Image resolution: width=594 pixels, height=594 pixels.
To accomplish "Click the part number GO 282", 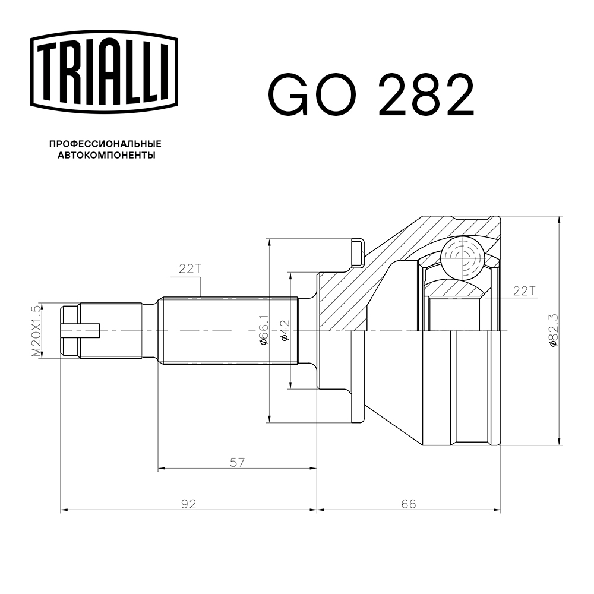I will tap(371, 95).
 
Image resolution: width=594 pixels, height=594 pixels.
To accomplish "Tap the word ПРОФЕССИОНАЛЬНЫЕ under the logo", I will tap(105, 144).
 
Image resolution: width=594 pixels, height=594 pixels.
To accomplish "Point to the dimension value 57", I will tap(238, 462).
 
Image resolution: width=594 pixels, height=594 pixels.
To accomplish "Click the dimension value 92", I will tap(188, 504).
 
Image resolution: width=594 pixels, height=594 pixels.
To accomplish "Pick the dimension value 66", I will tap(408, 504).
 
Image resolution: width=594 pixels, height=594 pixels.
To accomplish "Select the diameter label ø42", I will tap(284, 330).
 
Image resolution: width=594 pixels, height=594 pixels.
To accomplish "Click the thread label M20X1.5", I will tap(37, 330).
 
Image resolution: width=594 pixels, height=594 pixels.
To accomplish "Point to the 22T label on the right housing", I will tap(524, 290).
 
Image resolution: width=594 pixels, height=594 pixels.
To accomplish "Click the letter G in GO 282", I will tap(289, 95).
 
